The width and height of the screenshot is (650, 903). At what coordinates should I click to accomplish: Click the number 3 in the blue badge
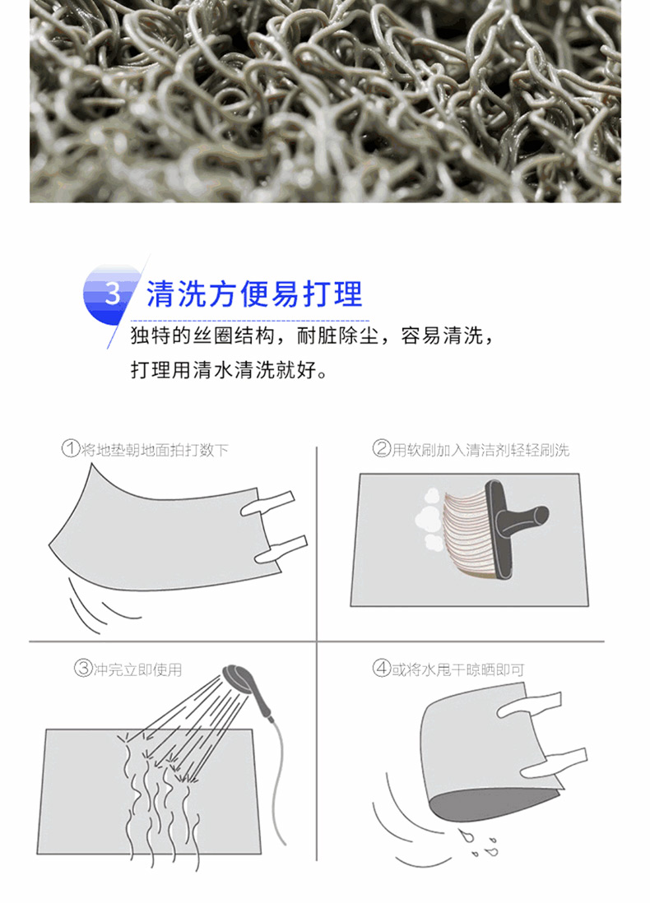coord(113,293)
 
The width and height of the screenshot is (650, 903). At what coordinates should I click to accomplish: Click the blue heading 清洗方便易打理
coord(254,294)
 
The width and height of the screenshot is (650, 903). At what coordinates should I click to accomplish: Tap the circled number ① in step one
coord(70,448)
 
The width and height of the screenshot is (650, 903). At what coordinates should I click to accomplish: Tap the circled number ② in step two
coord(382,448)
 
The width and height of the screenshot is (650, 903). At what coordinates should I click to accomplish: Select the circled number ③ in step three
coord(83,668)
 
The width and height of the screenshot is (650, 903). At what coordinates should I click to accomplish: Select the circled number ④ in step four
coord(382,669)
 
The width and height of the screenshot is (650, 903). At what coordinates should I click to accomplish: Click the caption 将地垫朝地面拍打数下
coord(155,449)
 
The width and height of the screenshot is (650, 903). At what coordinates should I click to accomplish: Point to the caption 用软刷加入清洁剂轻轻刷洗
coord(481,449)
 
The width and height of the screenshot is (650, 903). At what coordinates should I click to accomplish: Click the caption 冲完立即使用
coord(137,669)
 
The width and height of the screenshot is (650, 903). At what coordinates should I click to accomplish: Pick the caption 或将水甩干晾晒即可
coord(458,669)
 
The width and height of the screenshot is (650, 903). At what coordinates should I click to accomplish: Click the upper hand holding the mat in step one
coord(267,502)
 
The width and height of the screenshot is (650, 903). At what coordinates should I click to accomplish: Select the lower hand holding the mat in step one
coord(281,549)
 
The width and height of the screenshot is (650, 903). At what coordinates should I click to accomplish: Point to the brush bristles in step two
coord(467,531)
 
